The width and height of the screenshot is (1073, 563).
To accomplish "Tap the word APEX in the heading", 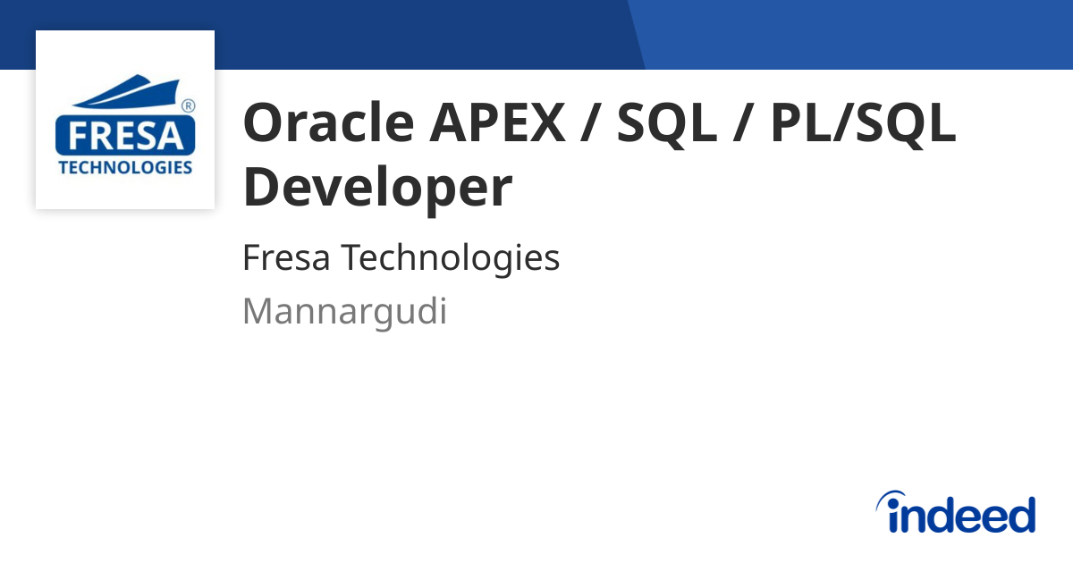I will (496, 123).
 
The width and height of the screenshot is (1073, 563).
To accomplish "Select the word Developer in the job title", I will (377, 188).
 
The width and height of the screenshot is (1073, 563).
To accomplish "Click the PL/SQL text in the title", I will (863, 123).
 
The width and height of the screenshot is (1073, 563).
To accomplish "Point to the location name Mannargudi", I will (344, 312).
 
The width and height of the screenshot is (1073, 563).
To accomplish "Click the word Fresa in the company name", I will (286, 258).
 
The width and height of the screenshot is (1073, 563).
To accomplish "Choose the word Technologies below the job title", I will (452, 258).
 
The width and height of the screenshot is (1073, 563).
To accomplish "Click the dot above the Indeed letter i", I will (891, 497).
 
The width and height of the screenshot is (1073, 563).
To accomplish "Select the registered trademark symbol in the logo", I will (188, 106).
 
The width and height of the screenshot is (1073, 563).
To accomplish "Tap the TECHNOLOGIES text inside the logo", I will (124, 167).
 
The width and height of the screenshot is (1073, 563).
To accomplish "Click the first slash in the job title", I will (589, 123).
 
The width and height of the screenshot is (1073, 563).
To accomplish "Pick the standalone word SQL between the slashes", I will (666, 123).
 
